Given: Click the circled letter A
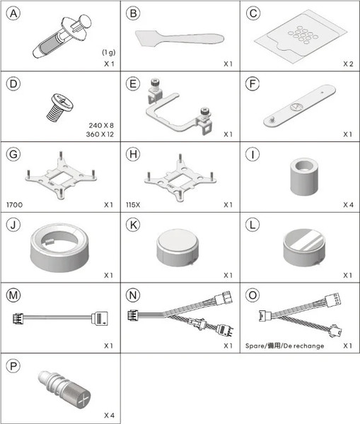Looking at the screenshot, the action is point(13,13).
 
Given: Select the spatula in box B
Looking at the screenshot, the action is point(180,38).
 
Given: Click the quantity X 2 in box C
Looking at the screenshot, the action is point(348,64).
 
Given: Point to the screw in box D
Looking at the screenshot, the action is point(60,107).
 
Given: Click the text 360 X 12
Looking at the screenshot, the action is point(100,134).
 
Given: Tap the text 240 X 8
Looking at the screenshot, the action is point(101,125).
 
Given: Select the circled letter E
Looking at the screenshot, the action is point(133,84).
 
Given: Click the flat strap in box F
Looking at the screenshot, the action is point(300,106).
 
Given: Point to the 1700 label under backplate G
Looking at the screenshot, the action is point(15,205).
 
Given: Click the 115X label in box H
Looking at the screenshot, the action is point(133,205).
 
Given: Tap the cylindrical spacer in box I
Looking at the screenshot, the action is point(304,176).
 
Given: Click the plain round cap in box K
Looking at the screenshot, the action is point(178,247).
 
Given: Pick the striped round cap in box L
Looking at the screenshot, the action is point(304,247).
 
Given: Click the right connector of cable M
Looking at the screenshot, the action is point(100,318).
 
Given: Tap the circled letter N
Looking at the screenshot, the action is point(133,295).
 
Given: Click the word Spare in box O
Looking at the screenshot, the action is point(255,346).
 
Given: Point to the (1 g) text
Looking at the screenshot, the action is point(108,52).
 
